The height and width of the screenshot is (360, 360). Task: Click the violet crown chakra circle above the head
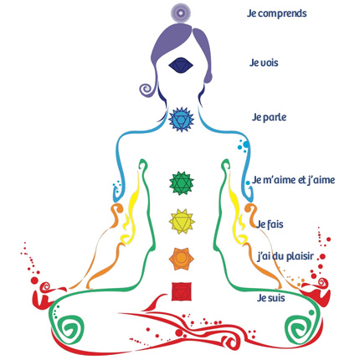click(x=181, y=13)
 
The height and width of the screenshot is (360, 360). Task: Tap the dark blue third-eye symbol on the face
click(x=181, y=65)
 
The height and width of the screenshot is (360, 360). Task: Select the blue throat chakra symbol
click(x=181, y=120)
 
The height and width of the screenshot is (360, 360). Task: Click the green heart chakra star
click(x=182, y=183)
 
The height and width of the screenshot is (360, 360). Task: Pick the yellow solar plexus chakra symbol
click(x=182, y=222)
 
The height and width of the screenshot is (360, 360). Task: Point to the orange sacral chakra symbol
click(x=182, y=259)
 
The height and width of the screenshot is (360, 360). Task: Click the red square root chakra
click(x=182, y=291)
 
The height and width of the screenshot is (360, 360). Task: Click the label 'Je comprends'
click(x=277, y=13)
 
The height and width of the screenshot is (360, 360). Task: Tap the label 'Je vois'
click(x=264, y=63)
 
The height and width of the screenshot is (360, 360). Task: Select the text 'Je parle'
click(x=269, y=117)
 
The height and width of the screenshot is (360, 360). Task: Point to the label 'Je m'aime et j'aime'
click(x=293, y=180)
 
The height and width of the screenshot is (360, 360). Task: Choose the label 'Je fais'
click(x=270, y=224)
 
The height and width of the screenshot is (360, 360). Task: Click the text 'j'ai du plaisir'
click(x=285, y=256)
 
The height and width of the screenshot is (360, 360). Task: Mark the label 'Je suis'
click(x=270, y=298)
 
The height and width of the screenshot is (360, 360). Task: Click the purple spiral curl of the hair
click(x=147, y=90)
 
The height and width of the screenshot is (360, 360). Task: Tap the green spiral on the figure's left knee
click(x=298, y=327)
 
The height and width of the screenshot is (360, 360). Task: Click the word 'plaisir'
click(x=296, y=256)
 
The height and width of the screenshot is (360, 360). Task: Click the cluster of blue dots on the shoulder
click(x=244, y=146)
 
